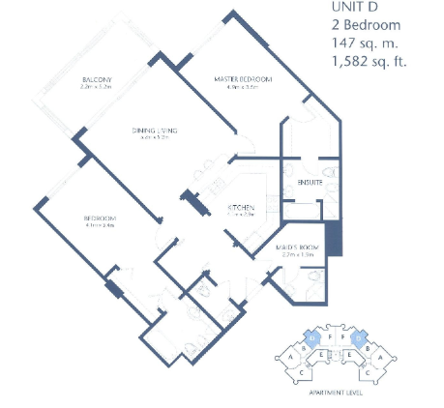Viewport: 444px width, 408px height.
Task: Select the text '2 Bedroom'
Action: [x=365, y=25]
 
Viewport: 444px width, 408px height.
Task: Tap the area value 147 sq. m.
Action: [x=366, y=44]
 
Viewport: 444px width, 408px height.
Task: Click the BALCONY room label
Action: [x=99, y=78]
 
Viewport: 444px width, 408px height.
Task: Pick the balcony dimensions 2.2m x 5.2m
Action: [x=99, y=87]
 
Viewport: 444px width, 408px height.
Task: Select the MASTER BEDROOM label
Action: [x=243, y=78]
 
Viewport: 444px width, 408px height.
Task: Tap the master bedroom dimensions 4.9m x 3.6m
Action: [x=243, y=87]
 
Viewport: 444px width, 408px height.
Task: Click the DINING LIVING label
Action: [x=155, y=130]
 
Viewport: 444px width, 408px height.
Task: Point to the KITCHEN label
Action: [x=240, y=208]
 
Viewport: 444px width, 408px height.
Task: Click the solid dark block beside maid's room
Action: [x=335, y=238]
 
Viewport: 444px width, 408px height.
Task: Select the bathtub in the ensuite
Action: [x=302, y=211]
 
